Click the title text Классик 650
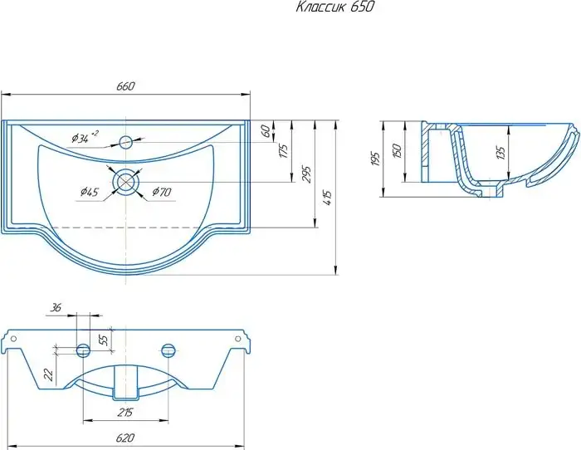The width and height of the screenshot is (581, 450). click(x=335, y=7)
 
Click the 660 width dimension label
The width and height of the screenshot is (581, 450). click(x=126, y=86)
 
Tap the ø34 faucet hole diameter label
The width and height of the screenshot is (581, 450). click(x=85, y=137)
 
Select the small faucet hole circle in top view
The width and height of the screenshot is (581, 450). click(x=125, y=142)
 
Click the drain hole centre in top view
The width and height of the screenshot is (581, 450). click(x=126, y=182)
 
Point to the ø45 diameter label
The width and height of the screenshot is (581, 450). click(x=90, y=192)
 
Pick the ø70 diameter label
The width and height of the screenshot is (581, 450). click(x=162, y=192)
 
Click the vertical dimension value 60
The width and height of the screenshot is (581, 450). click(x=266, y=131)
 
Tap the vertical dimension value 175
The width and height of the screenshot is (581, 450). click(x=284, y=151)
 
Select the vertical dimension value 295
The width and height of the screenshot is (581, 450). click(x=306, y=175)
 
